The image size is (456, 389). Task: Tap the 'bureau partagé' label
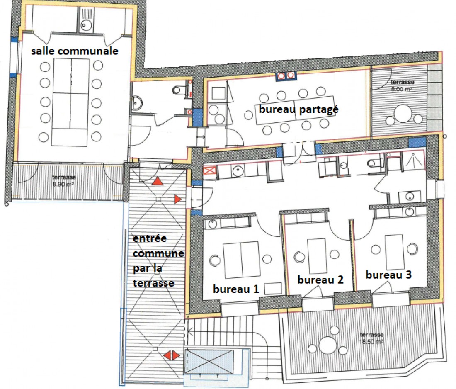pyautogui.click(x=299, y=110)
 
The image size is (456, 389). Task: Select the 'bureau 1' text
pyautogui.click(x=236, y=289)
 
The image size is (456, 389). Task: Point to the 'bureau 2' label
pyautogui.click(x=320, y=280)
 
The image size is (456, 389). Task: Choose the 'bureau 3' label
pyautogui.click(x=388, y=275)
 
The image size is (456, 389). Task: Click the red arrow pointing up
pyautogui.click(x=158, y=182)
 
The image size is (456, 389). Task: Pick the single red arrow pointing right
pyautogui.click(x=177, y=200)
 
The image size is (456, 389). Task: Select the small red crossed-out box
pyautogui.click(x=209, y=171)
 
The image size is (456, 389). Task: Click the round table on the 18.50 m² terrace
pyautogui.click(x=328, y=344)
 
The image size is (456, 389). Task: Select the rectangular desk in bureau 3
pyautogui.click(x=394, y=252)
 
